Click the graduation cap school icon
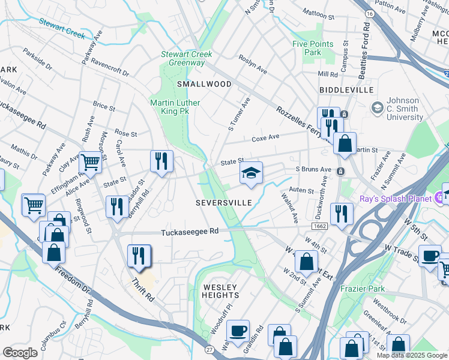[x=251, y=174]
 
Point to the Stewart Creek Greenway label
[x=186, y=58]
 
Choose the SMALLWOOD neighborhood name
[x=204, y=84]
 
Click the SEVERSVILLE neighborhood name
[x=224, y=203]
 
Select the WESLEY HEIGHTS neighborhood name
[x=221, y=291]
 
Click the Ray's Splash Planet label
[x=396, y=199]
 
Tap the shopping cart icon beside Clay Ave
[x=90, y=161]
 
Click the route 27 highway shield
[x=209, y=349]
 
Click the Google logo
[x=20, y=353]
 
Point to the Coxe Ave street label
[x=265, y=137]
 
